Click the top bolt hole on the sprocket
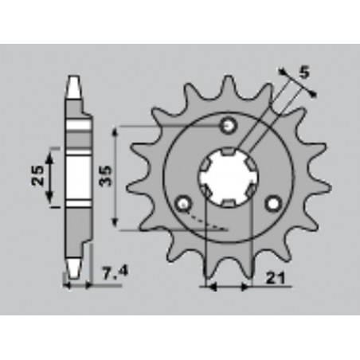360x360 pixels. click(229, 126)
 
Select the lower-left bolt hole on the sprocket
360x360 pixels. click(183, 204)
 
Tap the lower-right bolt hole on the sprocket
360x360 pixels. click(275, 204)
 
